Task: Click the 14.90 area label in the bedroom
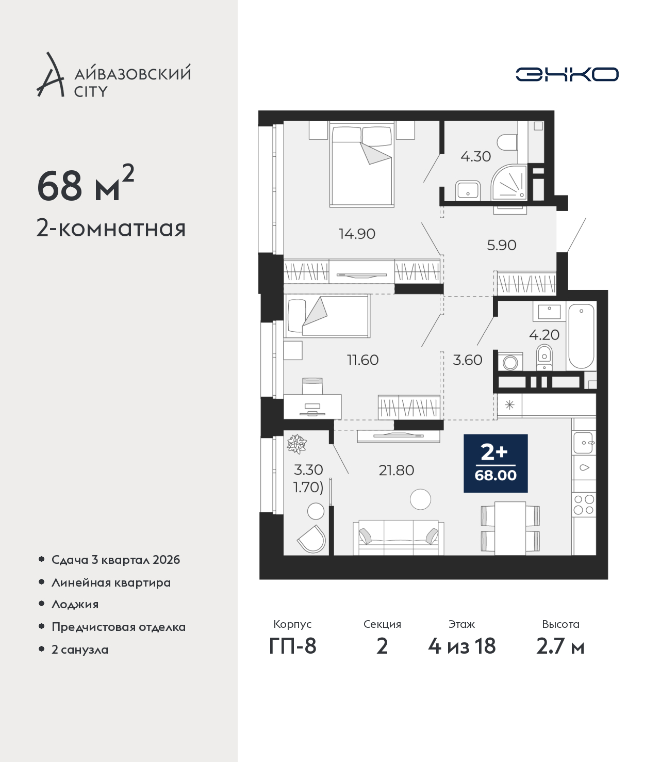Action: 357,234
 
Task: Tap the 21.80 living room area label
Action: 396,470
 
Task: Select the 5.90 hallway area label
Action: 501,245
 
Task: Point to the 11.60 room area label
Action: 362,360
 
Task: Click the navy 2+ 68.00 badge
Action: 496,463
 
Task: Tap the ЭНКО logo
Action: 567,74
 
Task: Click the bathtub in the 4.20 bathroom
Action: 581,336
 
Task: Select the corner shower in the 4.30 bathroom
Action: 508,182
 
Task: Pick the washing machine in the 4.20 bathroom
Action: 510,361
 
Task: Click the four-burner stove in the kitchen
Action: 584,505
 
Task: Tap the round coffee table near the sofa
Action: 420,499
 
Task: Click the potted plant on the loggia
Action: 296,444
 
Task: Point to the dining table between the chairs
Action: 510,528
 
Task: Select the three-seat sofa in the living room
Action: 399,538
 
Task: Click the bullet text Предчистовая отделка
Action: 118,627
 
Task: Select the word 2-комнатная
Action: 111,229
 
